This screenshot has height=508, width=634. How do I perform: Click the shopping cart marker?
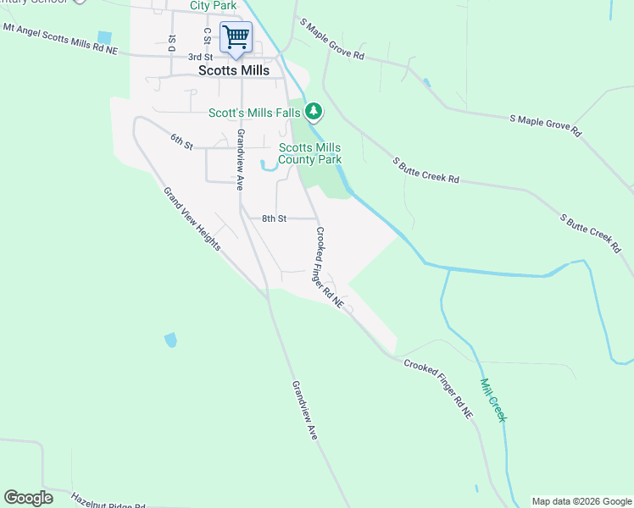pyautogui.click(x=236, y=36)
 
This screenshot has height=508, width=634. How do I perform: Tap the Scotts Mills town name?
pyautogui.click(x=234, y=71)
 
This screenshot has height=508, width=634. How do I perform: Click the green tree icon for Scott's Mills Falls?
pyautogui.click(x=314, y=110)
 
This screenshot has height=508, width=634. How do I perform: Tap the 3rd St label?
pyautogui.click(x=200, y=56)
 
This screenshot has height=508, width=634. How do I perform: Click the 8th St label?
pyautogui.click(x=274, y=218)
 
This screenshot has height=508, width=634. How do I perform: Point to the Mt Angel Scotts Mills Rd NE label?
pyautogui.click(x=58, y=39)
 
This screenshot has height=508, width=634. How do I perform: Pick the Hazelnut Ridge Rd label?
pyautogui.click(x=108, y=501)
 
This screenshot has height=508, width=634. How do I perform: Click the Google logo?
pyautogui.click(x=28, y=498)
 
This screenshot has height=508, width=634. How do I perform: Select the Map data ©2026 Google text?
pyautogui.click(x=581, y=501)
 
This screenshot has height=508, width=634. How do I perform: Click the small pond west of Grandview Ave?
pyautogui.click(x=170, y=340)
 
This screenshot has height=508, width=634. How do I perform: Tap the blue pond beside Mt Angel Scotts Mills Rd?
pyautogui.click(x=104, y=37)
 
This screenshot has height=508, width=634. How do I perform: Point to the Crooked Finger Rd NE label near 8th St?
pyautogui.click(x=330, y=266)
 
